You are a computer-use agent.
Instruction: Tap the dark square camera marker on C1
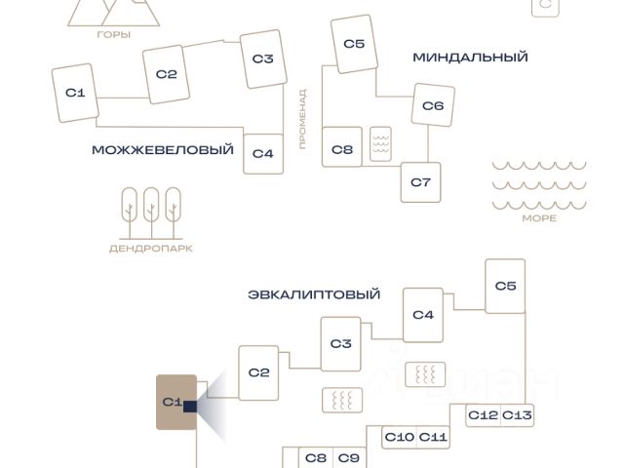point(190,407)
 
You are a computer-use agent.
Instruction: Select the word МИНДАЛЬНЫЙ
point(470,58)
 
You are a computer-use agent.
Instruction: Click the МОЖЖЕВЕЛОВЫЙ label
point(163,150)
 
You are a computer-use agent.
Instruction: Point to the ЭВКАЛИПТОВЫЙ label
point(314,294)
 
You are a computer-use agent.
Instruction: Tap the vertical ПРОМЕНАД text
point(302,119)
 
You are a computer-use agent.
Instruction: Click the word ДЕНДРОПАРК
point(150,249)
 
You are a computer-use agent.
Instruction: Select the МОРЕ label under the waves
point(539,218)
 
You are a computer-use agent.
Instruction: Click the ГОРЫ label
point(114,34)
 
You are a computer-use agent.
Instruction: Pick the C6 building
point(433,105)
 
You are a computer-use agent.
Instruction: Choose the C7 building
point(420,182)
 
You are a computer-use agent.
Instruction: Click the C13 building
point(518,415)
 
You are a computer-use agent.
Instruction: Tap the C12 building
point(483,415)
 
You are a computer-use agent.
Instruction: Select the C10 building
point(400,437)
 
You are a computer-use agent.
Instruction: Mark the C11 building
point(434,437)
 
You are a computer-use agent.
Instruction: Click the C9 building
point(348,458)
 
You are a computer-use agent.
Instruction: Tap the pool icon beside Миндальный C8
point(380,144)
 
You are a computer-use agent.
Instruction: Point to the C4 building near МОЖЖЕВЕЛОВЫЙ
point(263,153)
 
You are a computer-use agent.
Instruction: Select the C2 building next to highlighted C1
point(258,372)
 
